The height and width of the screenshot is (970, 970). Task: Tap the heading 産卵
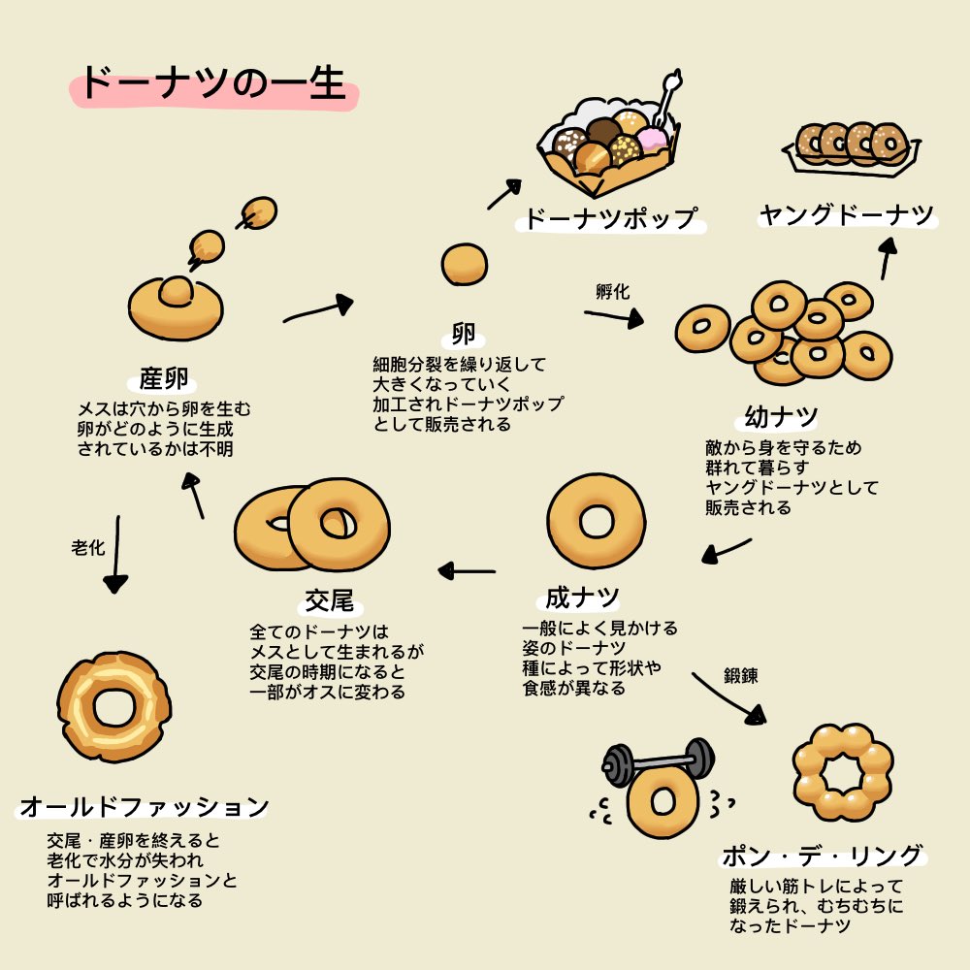point(163,378)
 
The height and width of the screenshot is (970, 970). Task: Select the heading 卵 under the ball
point(464,336)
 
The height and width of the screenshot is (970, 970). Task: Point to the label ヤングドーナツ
point(846,215)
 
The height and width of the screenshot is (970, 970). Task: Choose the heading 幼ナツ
point(782,417)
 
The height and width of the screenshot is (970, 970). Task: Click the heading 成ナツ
point(582,595)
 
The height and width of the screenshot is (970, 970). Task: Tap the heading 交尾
point(329,601)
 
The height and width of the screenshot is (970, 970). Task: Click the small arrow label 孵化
point(612,291)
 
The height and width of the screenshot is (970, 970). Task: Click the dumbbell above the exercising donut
point(658,760)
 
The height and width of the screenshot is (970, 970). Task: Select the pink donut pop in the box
point(652,141)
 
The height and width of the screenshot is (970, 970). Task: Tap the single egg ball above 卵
point(464,264)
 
